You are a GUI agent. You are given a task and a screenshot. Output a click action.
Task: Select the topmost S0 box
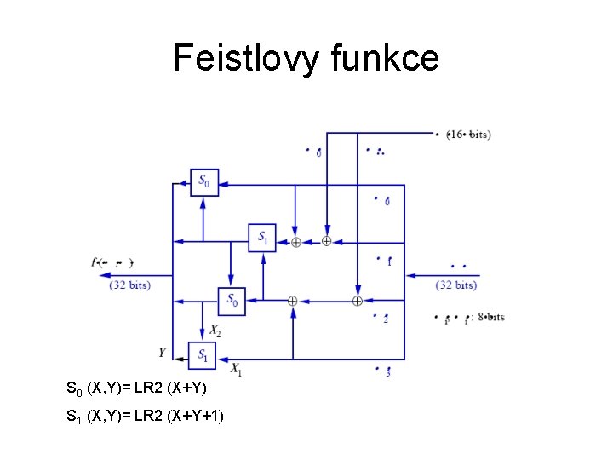(x=203, y=181)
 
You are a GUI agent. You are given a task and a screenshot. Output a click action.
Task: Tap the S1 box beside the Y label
(x=203, y=354)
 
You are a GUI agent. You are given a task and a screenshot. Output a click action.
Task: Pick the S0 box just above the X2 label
(x=232, y=301)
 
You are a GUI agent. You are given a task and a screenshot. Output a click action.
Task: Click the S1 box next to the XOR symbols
(x=262, y=238)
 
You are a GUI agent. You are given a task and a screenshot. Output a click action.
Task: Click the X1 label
(x=237, y=369)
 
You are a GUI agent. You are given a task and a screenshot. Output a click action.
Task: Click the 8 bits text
(x=490, y=318)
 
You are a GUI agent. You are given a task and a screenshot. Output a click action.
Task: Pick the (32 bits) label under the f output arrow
(x=130, y=285)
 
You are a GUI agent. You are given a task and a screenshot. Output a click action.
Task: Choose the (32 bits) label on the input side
(x=455, y=285)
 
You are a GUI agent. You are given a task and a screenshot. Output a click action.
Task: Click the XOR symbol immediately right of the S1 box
(x=295, y=242)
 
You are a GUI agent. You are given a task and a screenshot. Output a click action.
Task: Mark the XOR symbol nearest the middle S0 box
(x=291, y=301)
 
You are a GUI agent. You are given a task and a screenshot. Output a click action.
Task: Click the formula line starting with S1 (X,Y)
(x=145, y=417)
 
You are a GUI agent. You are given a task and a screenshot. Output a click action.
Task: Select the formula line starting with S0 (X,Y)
(x=136, y=389)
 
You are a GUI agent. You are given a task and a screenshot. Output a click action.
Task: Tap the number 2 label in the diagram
(x=386, y=319)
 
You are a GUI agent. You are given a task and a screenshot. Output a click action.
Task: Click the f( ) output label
(x=112, y=263)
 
